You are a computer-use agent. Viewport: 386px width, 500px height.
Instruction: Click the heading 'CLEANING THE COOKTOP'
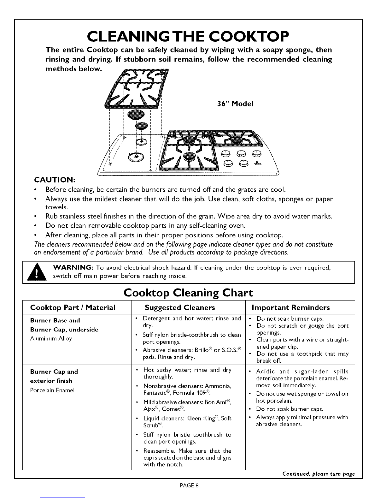[x=189, y=37]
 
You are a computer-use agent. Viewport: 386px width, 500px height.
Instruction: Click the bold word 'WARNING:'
[x=73, y=268]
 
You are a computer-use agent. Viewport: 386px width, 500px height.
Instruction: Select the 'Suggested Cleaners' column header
[x=180, y=307]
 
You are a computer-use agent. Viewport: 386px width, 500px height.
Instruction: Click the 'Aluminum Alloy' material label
[x=51, y=338]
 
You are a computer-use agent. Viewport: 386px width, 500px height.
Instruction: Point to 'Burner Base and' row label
[x=55, y=320]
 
